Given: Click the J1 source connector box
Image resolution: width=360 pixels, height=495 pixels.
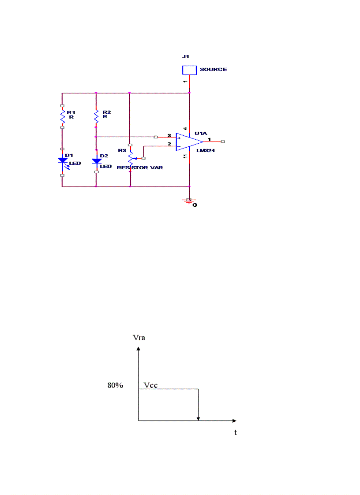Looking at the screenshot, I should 189,70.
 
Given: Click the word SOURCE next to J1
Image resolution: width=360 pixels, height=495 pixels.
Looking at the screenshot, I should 214,70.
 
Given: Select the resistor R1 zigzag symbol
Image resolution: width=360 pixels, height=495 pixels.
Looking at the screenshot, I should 62,117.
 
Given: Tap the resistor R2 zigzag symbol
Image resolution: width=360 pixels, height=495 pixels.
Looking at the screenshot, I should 96,117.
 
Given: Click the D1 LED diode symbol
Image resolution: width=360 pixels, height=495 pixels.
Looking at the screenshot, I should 62,161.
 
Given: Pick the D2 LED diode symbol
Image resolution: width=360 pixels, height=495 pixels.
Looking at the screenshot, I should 96,161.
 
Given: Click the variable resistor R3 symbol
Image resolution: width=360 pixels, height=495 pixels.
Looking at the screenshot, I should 130,157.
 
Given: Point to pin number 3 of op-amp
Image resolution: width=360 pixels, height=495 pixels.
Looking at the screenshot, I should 169,135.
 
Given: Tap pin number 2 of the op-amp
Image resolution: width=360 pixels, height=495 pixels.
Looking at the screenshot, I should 169,144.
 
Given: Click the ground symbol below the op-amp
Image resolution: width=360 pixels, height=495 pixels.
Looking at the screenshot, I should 189,201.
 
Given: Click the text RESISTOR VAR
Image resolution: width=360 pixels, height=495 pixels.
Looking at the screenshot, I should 139,168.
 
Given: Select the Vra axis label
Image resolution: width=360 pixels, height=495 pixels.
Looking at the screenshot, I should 139,338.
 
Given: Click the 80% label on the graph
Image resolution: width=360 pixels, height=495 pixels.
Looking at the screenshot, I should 115,385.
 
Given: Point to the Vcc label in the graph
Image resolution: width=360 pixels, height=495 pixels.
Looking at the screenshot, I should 151,385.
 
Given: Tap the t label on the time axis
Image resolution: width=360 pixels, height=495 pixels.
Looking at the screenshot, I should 235,432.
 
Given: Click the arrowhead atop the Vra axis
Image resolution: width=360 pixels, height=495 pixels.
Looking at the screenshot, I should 139,349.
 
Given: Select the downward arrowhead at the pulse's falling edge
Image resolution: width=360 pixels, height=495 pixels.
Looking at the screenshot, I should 199,418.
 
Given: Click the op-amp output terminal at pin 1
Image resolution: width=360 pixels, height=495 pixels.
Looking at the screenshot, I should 223,141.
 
